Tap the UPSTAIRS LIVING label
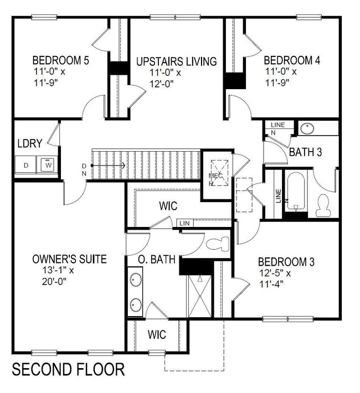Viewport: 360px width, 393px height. pyautogui.click(x=176, y=61)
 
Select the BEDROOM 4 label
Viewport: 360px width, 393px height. pyautogui.click(x=292, y=60)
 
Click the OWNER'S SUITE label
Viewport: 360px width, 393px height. pyautogui.click(x=69, y=258)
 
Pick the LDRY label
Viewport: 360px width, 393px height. pyautogui.click(x=29, y=144)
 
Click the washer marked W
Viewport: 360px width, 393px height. pyautogui.click(x=48, y=164)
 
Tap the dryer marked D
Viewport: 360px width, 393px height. pyautogui.click(x=25, y=164)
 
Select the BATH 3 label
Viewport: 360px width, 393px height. pyautogui.click(x=305, y=153)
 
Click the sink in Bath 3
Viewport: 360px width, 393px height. pyautogui.click(x=307, y=128)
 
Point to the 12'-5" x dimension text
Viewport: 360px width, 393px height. pyautogui.click(x=274, y=273)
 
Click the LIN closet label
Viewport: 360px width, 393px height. pyautogui.click(x=185, y=223)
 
